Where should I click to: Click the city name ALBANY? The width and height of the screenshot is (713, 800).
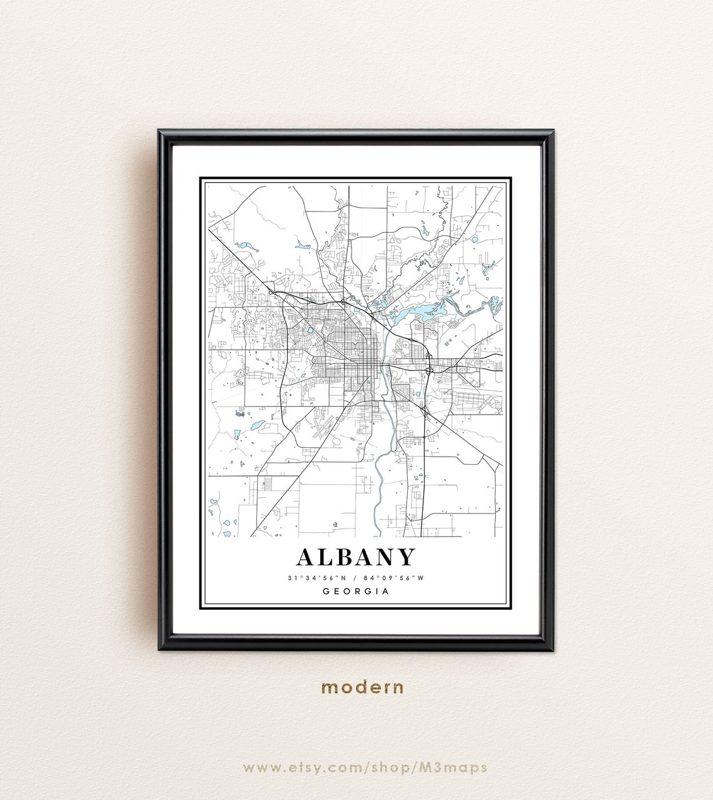click(x=355, y=557)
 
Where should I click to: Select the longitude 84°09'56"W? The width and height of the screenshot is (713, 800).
click(x=395, y=578)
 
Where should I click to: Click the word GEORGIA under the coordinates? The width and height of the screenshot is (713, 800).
click(x=355, y=591)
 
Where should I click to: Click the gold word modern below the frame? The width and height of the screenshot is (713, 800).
click(x=363, y=687)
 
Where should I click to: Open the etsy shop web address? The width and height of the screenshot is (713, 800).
click(x=365, y=767)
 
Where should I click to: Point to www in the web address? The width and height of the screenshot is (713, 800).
click(x=256, y=767)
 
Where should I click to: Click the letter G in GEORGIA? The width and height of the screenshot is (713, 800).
click(x=326, y=591)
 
